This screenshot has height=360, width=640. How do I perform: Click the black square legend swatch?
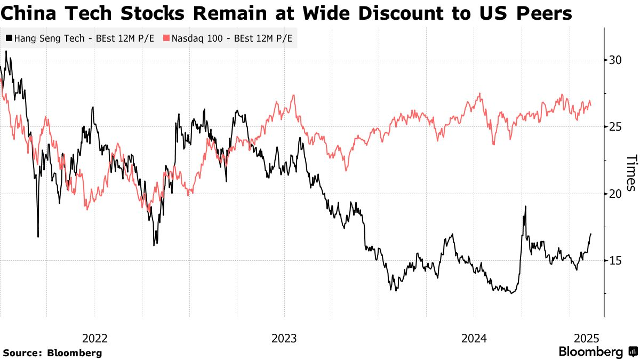pos(9,38)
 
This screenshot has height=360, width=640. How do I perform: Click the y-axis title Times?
pos(631,173)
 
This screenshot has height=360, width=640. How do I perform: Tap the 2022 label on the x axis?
pos(95,338)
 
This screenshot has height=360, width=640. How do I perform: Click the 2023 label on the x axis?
pos(284,338)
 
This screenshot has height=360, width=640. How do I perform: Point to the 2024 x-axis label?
pos(474,338)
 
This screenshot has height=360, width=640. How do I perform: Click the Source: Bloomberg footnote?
pos(52,353)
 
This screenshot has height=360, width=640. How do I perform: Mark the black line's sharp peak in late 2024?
pos(525,206)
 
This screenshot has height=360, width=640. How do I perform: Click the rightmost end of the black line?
pos(591,234)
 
